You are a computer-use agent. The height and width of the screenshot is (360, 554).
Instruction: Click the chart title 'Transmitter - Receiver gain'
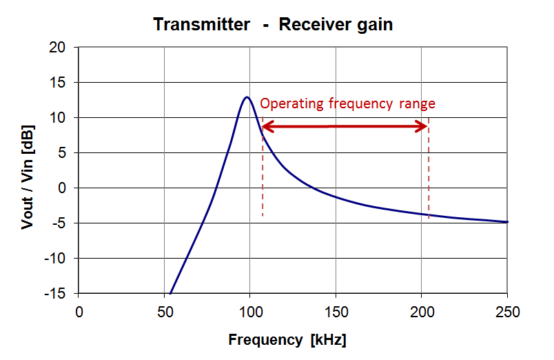click(273, 24)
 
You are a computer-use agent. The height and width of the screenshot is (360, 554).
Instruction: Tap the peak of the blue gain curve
click(246, 97)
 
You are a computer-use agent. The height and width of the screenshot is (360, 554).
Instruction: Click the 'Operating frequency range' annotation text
click(347, 104)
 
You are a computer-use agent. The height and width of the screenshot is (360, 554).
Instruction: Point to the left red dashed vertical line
click(263, 179)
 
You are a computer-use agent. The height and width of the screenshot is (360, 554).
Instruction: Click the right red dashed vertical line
click(429, 179)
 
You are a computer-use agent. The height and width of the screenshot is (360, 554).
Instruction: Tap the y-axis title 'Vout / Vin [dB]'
click(28, 170)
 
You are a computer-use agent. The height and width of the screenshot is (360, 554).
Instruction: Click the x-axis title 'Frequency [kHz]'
click(287, 340)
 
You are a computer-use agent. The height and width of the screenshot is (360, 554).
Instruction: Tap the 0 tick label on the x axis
click(79, 310)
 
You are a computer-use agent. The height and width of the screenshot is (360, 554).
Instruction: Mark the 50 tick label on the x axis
click(164, 310)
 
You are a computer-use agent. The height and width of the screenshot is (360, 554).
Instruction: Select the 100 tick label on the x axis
click(250, 310)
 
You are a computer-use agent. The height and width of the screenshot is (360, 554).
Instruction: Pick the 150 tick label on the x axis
click(336, 310)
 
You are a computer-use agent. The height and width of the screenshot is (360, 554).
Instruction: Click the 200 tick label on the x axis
click(422, 310)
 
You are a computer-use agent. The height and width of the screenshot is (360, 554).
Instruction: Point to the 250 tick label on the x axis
click(506, 310)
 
